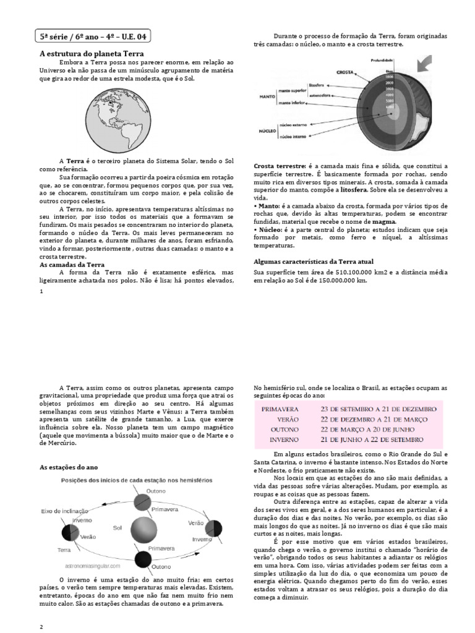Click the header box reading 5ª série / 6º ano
(x=93, y=37)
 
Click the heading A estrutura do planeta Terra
(x=92, y=54)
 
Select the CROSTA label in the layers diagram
(x=344, y=72)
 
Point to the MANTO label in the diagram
(x=267, y=97)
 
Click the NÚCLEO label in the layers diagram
(x=267, y=131)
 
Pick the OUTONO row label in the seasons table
(x=284, y=430)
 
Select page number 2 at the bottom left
(x=41, y=627)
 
